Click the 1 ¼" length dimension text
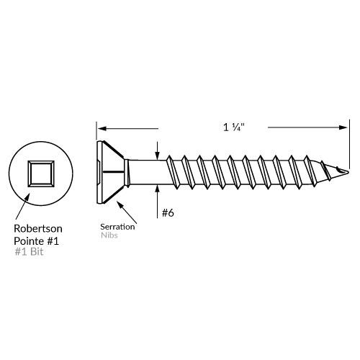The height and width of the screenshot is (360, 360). point(235,127)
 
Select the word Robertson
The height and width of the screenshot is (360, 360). point(38,228)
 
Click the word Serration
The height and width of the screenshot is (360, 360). point(117,226)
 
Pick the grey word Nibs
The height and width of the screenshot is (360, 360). point(109,235)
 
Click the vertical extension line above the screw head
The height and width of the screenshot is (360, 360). point(96,131)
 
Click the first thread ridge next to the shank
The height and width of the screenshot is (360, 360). point(170,173)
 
